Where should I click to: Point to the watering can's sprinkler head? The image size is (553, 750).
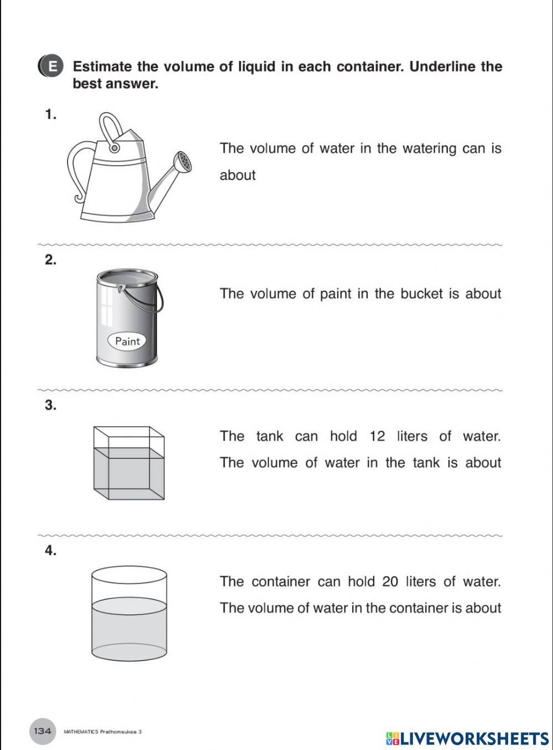(x=184, y=161)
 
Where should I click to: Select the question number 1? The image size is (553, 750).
(x=51, y=115)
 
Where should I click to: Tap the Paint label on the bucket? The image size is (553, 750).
(x=127, y=341)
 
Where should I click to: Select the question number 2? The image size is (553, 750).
(x=51, y=260)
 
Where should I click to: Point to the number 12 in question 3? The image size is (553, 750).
(x=377, y=436)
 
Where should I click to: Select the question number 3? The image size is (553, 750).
(x=51, y=405)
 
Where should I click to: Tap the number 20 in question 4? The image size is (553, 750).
(x=390, y=582)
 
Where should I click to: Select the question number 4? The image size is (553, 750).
(x=51, y=551)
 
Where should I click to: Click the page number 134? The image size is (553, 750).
(x=43, y=731)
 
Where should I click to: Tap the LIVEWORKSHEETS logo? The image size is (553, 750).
(x=467, y=738)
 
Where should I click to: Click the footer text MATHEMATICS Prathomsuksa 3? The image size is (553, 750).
(x=102, y=732)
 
